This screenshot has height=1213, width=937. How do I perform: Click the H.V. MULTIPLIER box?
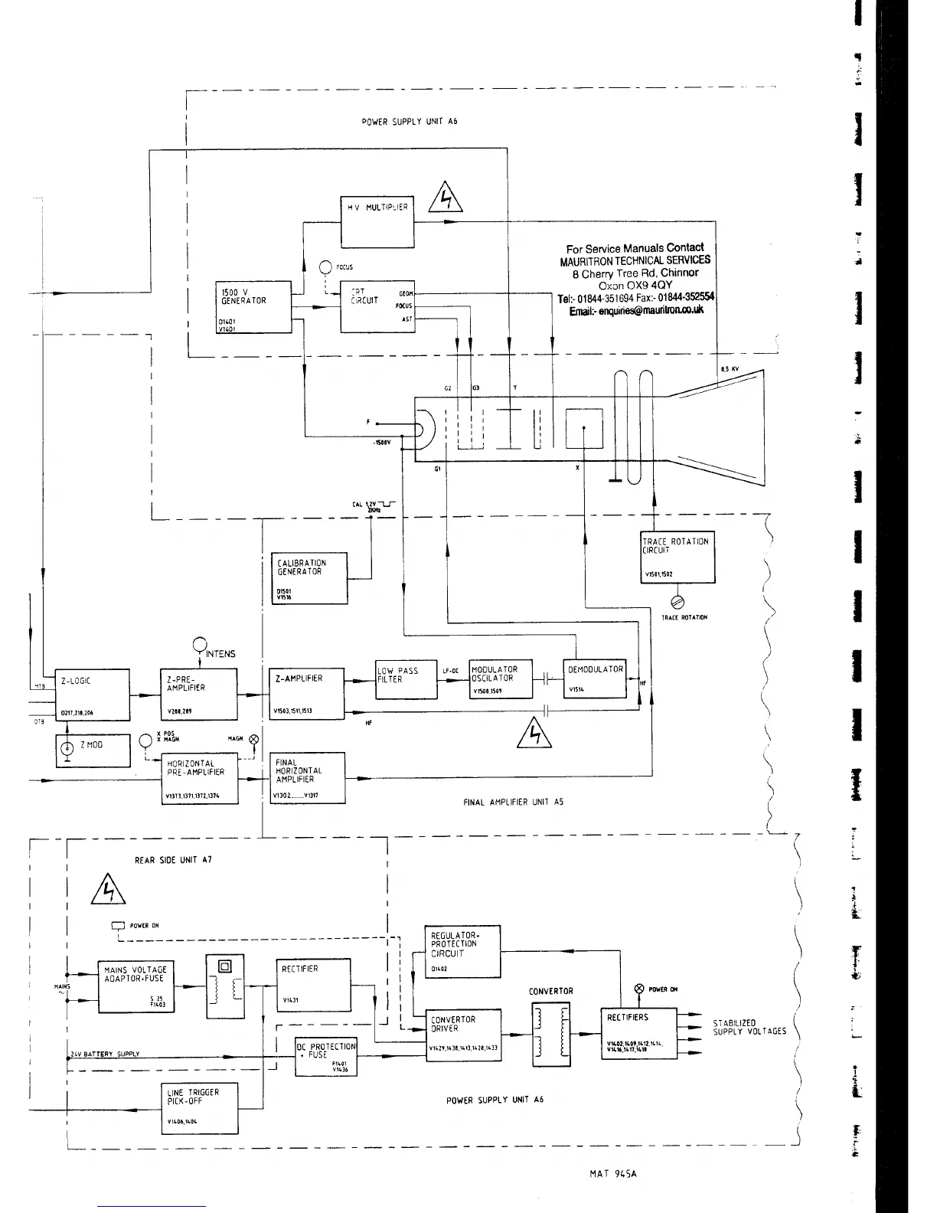(377, 222)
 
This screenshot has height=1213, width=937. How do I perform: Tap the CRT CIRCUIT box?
(377, 306)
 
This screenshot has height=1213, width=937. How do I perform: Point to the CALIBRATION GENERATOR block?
(309, 578)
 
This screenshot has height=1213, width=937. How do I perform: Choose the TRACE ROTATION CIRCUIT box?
(677, 557)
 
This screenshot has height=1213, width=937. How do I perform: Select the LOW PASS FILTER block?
(405, 678)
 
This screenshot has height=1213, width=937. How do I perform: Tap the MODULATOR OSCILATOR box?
(500, 678)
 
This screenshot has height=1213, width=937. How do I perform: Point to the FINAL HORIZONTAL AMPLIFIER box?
(309, 777)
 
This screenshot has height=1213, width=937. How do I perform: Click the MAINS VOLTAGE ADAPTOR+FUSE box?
(135, 986)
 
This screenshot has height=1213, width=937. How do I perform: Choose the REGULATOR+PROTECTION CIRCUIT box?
(462, 951)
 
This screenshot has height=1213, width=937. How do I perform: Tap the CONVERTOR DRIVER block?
(465, 1035)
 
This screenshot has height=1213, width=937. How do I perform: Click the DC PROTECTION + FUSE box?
(326, 1056)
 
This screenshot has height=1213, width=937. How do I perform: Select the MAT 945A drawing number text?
(613, 1174)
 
